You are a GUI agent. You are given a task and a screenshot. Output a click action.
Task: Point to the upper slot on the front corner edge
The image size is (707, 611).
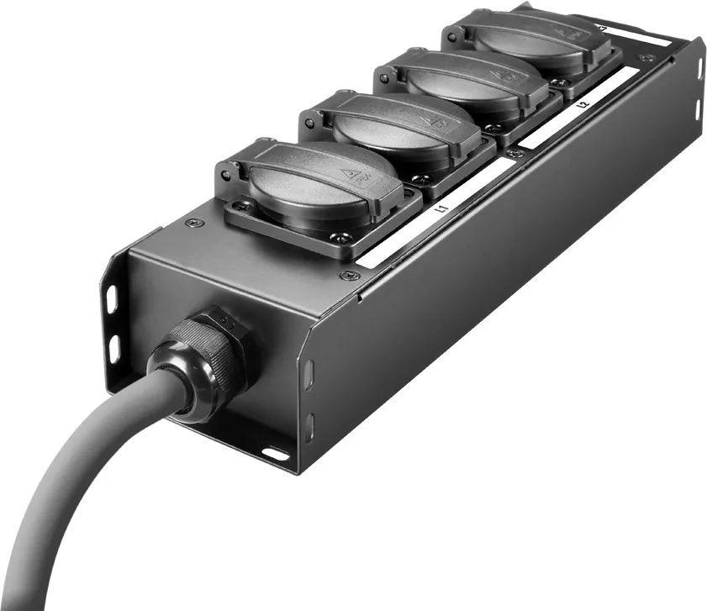point(309,372)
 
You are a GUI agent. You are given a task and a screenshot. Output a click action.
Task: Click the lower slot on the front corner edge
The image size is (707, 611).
point(309,422)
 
